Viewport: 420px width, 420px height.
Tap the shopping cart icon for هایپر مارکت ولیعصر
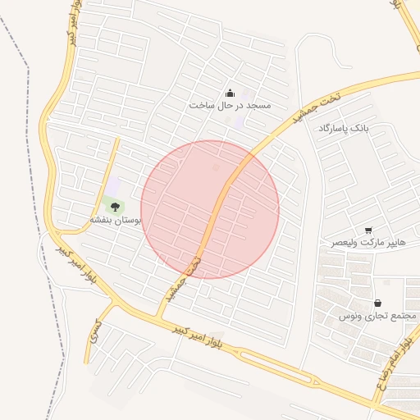coord(368,231)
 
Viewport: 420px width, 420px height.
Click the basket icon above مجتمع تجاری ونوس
coord(377,303)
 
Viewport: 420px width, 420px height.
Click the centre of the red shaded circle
coord(210,209)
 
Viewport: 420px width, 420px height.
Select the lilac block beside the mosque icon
coord(239,121)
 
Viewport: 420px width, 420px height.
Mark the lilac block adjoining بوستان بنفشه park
coord(112,187)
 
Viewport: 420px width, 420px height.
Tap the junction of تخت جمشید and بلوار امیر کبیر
coord(161,315)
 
